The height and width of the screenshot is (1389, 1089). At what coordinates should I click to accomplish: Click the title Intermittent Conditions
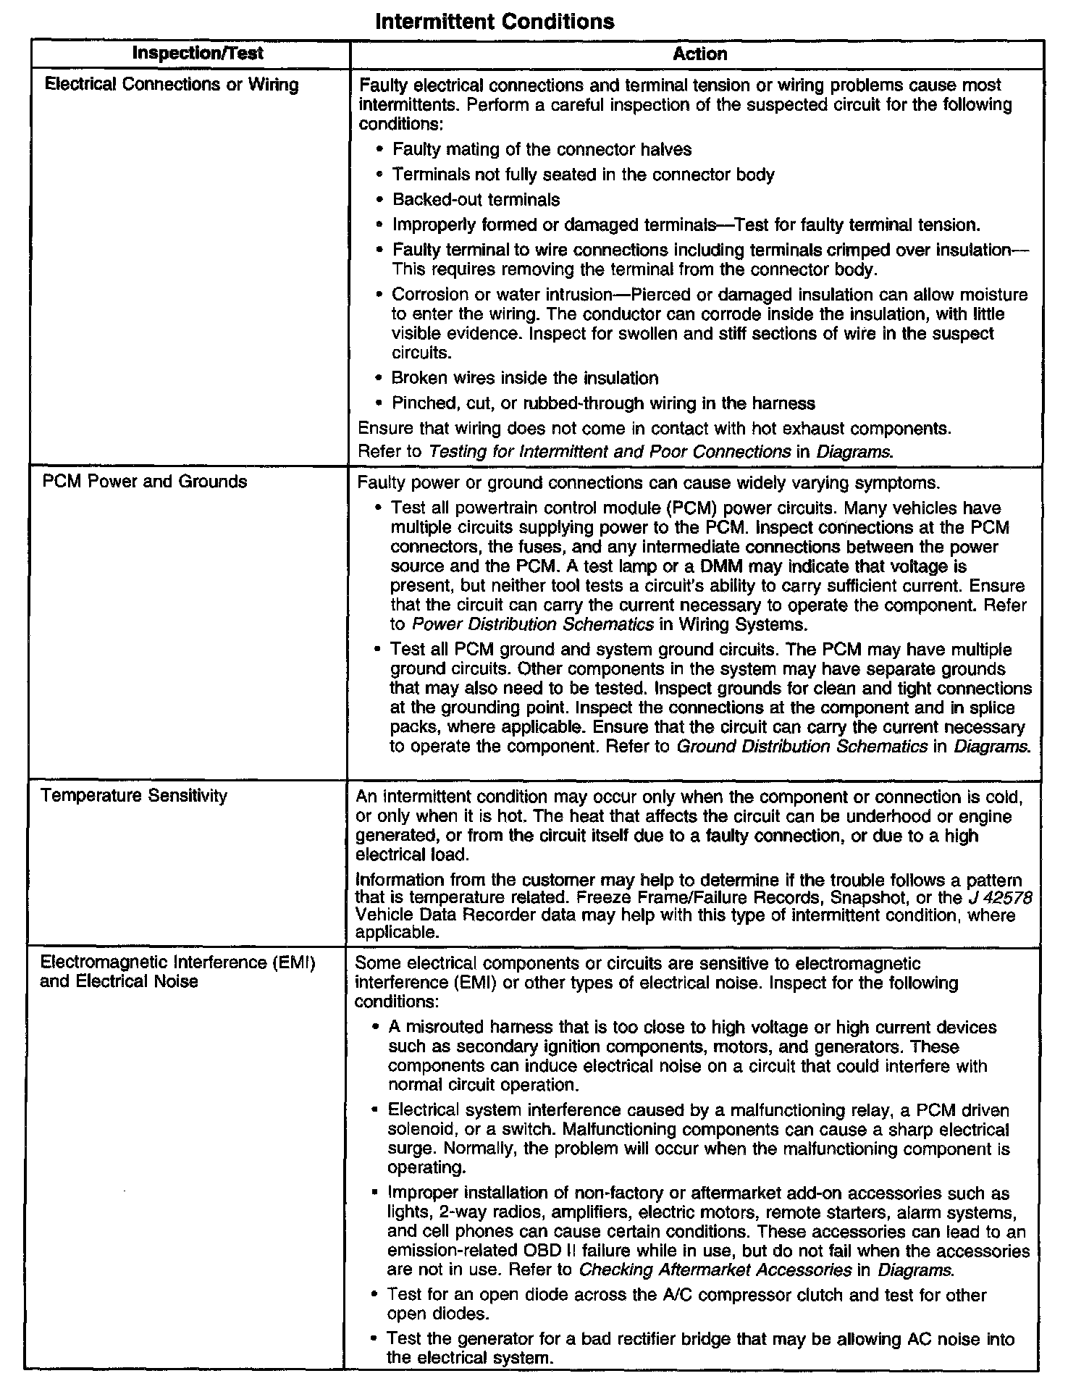[495, 21]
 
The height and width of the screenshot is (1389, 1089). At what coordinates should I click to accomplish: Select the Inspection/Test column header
[198, 54]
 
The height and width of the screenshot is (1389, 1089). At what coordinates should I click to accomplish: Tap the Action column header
[699, 54]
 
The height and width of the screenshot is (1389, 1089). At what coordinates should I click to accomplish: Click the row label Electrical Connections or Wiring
[172, 85]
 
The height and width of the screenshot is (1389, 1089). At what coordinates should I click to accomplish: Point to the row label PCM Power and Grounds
[145, 482]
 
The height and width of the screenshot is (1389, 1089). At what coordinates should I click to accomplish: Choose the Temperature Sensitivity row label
[134, 795]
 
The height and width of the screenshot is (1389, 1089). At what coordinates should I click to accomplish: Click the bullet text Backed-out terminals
[476, 199]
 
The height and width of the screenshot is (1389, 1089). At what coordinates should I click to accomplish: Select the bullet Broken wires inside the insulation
[525, 378]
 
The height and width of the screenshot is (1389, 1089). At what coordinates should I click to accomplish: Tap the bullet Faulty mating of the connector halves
[542, 149]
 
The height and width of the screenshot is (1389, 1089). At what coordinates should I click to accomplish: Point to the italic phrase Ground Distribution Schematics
[802, 747]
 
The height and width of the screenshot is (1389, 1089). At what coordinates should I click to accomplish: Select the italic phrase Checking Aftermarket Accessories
[715, 1270]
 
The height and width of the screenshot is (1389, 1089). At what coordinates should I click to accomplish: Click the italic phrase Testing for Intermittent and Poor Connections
[609, 452]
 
